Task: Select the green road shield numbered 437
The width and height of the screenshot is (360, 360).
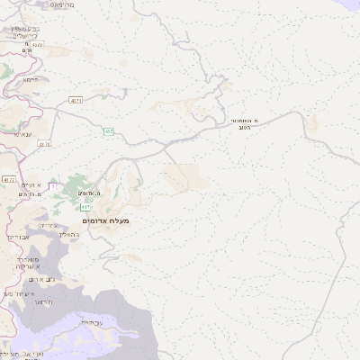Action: tap(108, 132)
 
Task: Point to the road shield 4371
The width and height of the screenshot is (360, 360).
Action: tap(76, 101)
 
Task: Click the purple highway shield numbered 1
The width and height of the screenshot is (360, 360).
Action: tap(52, 186)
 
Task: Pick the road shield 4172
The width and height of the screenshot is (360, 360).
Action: tap(9, 180)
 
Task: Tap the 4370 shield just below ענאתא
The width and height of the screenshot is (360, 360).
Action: tap(46, 144)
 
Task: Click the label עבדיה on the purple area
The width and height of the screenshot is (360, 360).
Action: tap(92, 321)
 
